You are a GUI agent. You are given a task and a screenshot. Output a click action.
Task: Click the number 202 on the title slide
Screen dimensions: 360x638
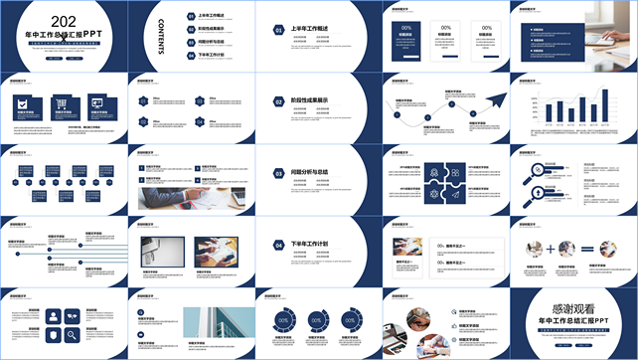click(63, 21)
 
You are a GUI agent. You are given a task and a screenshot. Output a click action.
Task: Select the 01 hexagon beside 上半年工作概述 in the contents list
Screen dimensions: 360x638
click(191, 17)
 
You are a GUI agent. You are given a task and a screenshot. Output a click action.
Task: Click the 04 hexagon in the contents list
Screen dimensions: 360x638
click(191, 56)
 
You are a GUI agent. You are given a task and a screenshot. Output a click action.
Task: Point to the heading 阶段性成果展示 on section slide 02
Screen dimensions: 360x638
click(312, 100)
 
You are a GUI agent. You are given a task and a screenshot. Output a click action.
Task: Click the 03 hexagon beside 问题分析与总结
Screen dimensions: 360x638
click(278, 173)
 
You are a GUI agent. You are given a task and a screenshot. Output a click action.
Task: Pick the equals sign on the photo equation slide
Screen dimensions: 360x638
click(586, 249)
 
